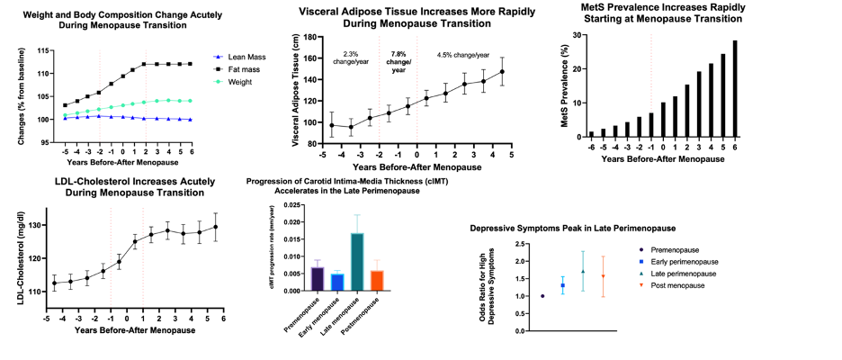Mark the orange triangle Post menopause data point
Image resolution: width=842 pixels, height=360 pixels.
point(604,276)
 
